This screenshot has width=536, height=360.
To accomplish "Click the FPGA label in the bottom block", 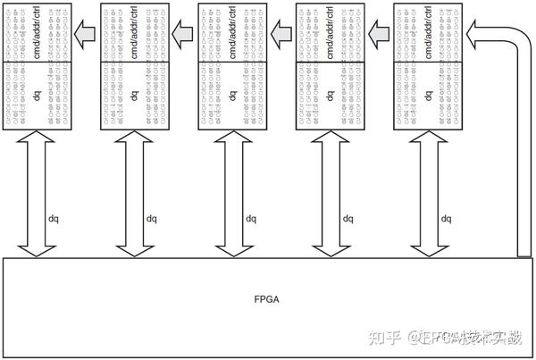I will coord(267,299).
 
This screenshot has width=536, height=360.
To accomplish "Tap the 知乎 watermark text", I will coord(385,337).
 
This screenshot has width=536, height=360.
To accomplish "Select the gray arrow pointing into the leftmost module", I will coord(85,34).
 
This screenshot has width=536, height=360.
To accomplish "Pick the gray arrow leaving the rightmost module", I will coord(380,34).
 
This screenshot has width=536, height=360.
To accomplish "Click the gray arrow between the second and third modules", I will coord(183,34).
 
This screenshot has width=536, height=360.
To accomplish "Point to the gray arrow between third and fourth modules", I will coord(281,34).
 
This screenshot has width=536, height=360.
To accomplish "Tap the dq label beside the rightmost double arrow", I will coord(446,217).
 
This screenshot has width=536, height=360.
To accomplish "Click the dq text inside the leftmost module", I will coord(36,95).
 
